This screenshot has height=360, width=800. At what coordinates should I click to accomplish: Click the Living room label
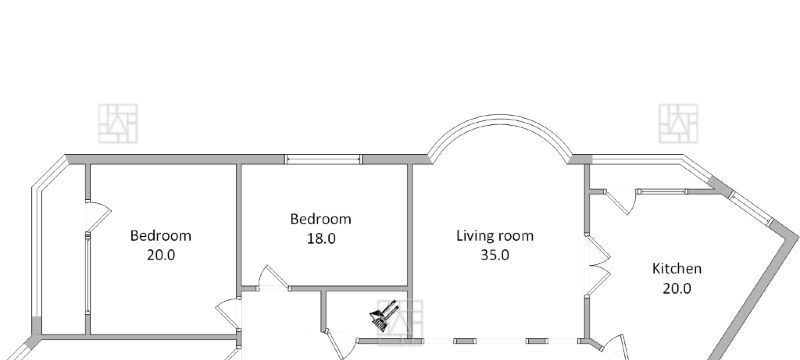pyautogui.click(x=495, y=236)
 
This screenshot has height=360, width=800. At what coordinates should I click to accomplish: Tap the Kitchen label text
pyautogui.click(x=677, y=269)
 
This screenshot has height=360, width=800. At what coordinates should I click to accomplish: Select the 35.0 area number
pyautogui.click(x=495, y=255)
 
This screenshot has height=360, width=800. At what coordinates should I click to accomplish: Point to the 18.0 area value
pyautogui.click(x=321, y=238)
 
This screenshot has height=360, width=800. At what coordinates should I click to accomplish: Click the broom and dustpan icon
pyautogui.click(x=384, y=316)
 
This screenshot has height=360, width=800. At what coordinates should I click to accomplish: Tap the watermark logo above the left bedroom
pyautogui.click(x=118, y=123)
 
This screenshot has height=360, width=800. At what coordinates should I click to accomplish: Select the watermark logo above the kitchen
pyautogui.click(x=678, y=123)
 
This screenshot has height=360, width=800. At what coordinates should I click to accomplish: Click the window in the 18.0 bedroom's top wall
pyautogui.click(x=323, y=159)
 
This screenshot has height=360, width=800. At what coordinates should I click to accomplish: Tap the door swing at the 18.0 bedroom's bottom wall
pyautogui.click(x=271, y=278)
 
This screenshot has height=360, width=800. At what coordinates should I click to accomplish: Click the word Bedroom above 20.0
pyautogui.click(x=161, y=236)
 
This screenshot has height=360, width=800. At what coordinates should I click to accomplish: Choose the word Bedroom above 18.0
pyautogui.click(x=321, y=219)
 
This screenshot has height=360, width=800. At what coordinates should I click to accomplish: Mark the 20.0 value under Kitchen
pyautogui.click(x=677, y=289)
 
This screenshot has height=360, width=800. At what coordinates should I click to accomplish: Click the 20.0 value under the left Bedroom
pyautogui.click(x=161, y=254)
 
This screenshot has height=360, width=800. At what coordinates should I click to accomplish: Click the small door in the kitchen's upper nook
pyautogui.click(x=621, y=202)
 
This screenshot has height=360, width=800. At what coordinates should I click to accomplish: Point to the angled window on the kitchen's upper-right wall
pyautogui.click(x=751, y=208)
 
